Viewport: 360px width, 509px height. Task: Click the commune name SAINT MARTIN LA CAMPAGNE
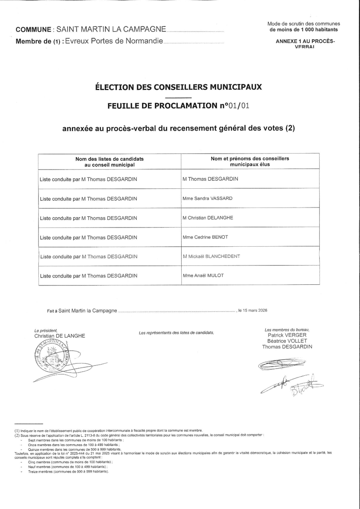[x=111, y=29]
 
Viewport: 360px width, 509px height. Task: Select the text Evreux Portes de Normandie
[x=114, y=41]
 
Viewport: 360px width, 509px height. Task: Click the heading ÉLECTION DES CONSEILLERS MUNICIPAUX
[x=178, y=87]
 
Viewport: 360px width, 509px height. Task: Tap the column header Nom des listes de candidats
[x=110, y=159]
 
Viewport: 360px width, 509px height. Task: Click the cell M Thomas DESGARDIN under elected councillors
[x=210, y=179]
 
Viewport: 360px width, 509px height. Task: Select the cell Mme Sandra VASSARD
[x=207, y=198]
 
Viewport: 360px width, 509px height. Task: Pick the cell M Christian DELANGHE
[x=208, y=218]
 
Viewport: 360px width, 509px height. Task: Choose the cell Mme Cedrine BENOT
[x=205, y=237]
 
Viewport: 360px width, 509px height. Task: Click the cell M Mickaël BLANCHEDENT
[x=211, y=256]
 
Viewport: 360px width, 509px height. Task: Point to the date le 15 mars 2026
[x=252, y=310]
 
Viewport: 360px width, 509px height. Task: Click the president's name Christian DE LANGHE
[x=60, y=336]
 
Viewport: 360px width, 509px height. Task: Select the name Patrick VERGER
[x=287, y=335]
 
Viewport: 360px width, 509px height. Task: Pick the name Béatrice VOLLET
[x=287, y=341]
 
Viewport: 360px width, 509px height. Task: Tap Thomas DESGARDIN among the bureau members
[x=287, y=347]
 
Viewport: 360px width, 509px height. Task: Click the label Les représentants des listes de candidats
[x=176, y=333]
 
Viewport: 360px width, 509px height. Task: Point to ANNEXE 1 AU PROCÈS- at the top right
[x=305, y=41]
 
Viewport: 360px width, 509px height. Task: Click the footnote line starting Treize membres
[x=68, y=471]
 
